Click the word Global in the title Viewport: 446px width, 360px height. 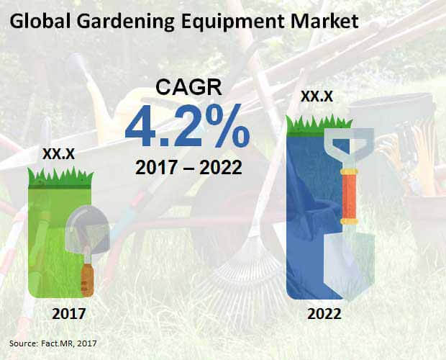coord(40,22)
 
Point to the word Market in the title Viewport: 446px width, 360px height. coord(324,22)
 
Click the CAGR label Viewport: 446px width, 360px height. coord(189,87)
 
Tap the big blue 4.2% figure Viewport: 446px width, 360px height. coord(188,126)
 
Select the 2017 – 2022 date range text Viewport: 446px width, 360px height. coord(188,167)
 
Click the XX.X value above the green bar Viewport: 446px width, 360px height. coord(58,154)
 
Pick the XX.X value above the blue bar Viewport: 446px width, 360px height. coord(317,96)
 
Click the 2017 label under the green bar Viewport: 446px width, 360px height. coord(69,314)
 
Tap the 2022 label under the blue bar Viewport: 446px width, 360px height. coord(324,314)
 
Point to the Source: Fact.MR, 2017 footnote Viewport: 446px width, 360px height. coord(53,343)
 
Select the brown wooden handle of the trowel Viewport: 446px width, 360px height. coord(87,280)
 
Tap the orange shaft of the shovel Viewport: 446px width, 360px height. coord(349,197)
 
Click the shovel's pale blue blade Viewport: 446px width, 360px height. coord(350,265)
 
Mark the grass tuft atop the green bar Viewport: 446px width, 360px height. coord(60,177)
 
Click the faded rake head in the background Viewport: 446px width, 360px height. coord(245,273)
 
